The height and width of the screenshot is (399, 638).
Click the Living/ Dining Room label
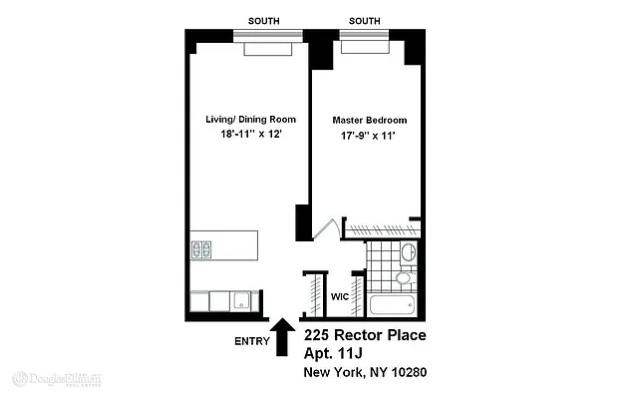250,120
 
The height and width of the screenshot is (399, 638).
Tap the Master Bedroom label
370,120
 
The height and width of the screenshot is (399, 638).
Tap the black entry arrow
283,337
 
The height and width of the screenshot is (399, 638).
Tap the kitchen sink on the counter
241,299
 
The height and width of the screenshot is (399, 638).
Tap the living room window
267,36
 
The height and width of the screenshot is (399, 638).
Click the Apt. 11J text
339,355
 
